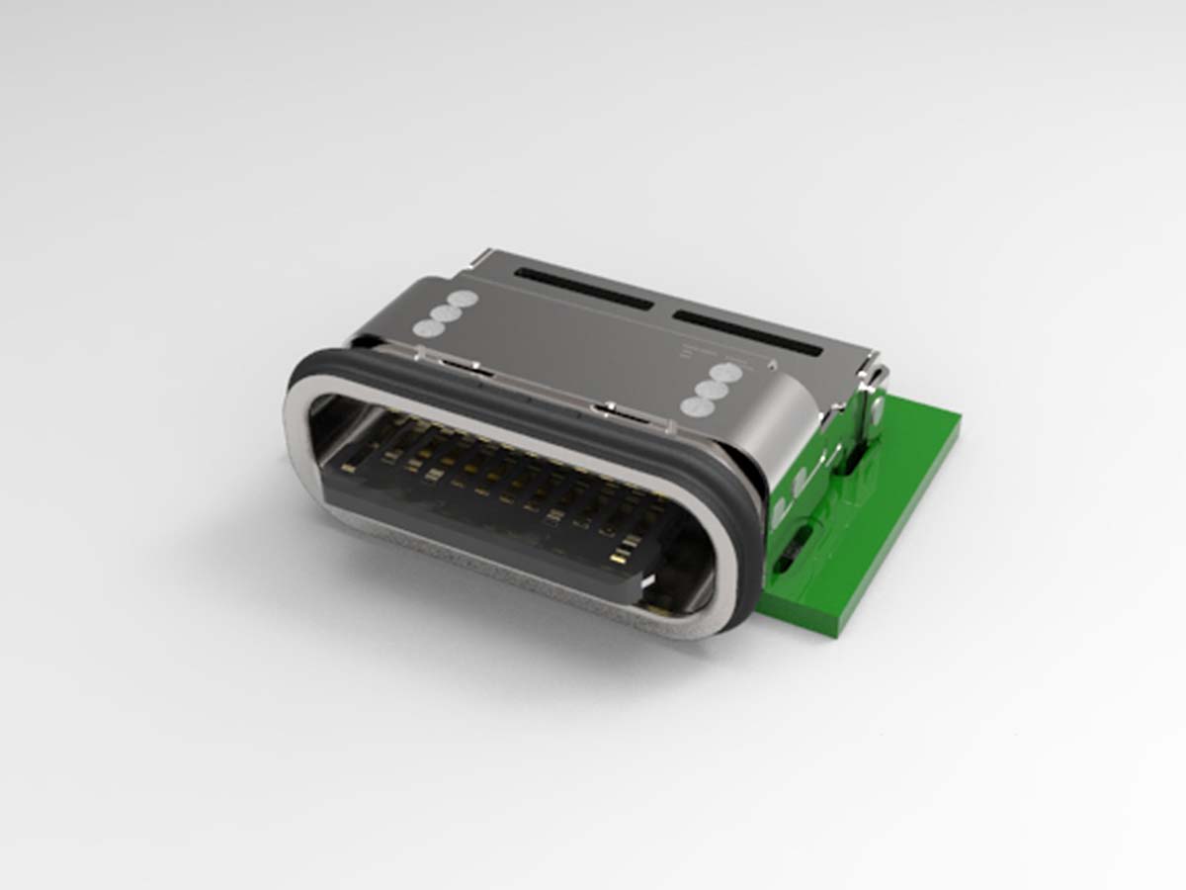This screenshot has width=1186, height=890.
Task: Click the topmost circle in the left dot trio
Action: click(x=462, y=299)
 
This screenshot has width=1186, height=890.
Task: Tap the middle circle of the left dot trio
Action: click(x=444, y=313)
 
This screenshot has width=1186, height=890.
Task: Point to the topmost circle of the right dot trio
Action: click(x=726, y=374)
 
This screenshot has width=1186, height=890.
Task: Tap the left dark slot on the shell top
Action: click(x=583, y=288)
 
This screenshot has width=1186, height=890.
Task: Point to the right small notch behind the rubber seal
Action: click(x=618, y=408)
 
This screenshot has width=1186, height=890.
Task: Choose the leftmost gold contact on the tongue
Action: click(x=349, y=467)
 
